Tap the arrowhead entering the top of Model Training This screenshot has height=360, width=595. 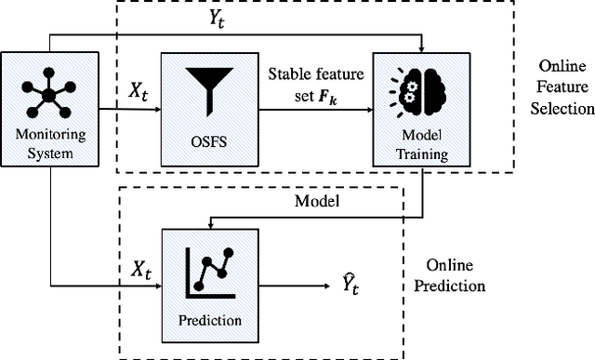coord(422,48)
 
